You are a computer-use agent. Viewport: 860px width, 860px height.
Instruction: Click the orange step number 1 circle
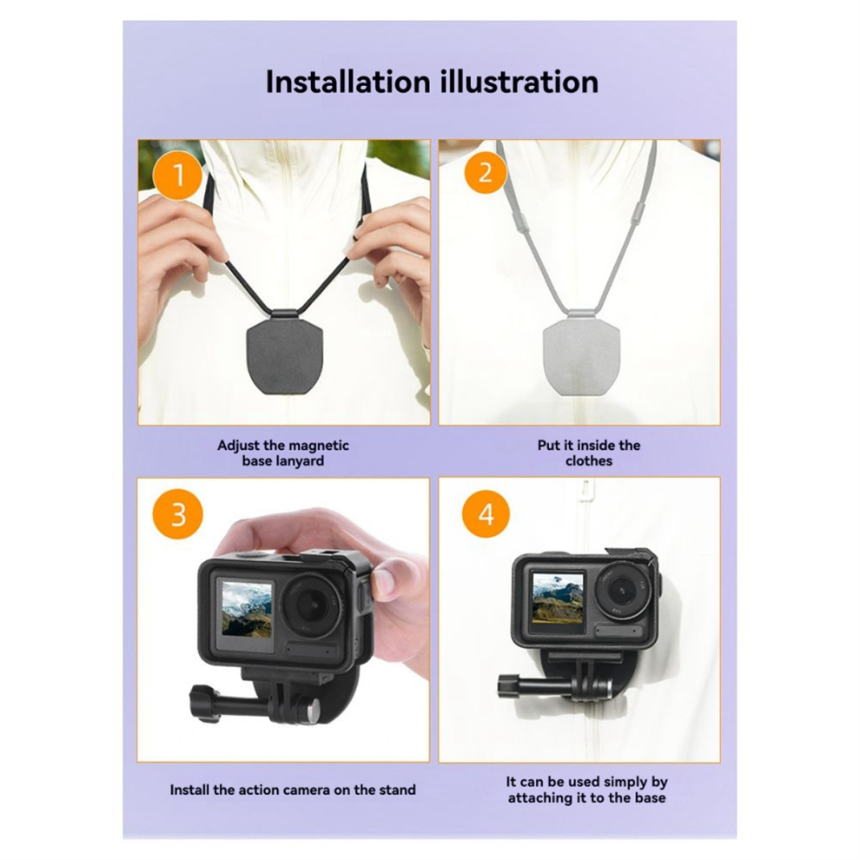178,175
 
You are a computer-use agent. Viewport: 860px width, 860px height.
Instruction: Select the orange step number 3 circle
178,515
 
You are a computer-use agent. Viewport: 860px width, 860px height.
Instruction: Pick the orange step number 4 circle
486,514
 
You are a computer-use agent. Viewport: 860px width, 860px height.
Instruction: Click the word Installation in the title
347,82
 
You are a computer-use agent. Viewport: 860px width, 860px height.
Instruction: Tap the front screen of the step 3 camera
246,612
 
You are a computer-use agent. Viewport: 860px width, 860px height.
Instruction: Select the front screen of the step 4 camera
558,599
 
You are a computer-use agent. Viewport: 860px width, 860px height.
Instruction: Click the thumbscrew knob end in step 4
505,685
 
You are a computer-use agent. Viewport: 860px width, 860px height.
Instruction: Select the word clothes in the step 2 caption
588,460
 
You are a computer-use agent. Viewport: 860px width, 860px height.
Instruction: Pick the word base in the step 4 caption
650,797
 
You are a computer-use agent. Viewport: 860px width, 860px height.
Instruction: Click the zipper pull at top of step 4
586,487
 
